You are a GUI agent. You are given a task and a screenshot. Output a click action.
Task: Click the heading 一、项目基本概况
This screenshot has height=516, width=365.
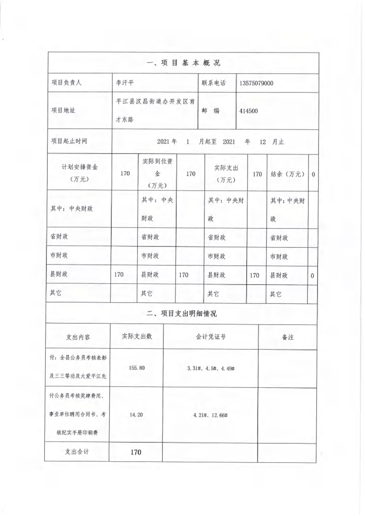coord(183,63)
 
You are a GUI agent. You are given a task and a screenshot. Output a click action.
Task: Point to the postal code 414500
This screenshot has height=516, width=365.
coord(249,111)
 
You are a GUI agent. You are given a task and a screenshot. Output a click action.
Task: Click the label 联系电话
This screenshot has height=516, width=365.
coord(214,84)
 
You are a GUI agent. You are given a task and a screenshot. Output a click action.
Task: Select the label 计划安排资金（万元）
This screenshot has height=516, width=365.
coord(77,173)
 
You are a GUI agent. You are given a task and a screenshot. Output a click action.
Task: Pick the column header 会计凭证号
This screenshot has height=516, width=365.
coord(210,337)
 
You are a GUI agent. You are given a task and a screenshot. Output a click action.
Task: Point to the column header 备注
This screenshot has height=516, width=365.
coord(287,337)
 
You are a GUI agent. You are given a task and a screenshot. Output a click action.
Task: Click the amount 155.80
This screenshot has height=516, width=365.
coord(137,368)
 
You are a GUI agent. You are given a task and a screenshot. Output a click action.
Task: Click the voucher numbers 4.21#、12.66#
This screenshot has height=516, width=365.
coord(211,415)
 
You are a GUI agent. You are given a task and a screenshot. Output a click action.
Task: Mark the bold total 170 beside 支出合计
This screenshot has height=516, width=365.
coord(136,452)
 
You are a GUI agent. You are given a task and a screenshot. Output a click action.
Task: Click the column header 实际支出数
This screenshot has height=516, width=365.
coord(137,336)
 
